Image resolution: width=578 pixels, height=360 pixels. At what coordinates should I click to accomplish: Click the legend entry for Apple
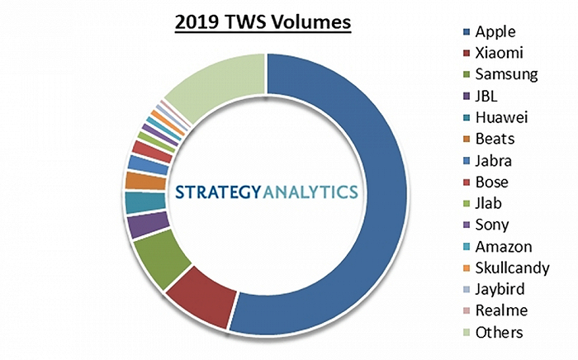tap(495, 32)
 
